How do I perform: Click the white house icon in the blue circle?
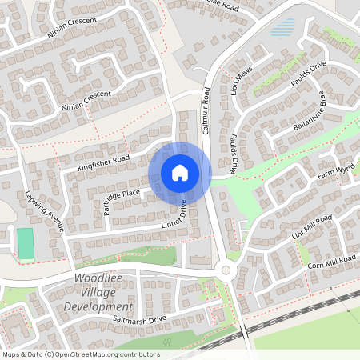click(180, 173)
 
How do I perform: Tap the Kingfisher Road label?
click(103, 164)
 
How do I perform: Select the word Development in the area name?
click(98, 306)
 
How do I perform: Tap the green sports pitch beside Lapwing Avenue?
click(26, 242)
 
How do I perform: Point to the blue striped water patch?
click(282, 30)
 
